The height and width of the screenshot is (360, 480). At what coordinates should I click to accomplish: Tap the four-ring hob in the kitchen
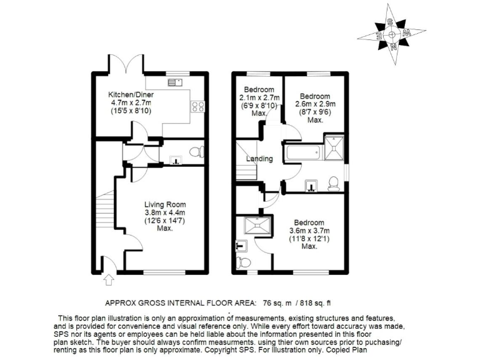[x=199, y=107]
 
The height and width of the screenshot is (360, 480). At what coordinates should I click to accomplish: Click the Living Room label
[x=165, y=204]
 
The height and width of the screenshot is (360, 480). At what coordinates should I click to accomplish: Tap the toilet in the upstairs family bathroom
[x=334, y=182]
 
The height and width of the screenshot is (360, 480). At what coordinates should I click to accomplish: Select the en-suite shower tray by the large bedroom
[x=258, y=226]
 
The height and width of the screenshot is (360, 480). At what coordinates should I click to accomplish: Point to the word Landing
[x=259, y=159]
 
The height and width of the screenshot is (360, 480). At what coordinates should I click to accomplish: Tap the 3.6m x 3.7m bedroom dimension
[x=309, y=231]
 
